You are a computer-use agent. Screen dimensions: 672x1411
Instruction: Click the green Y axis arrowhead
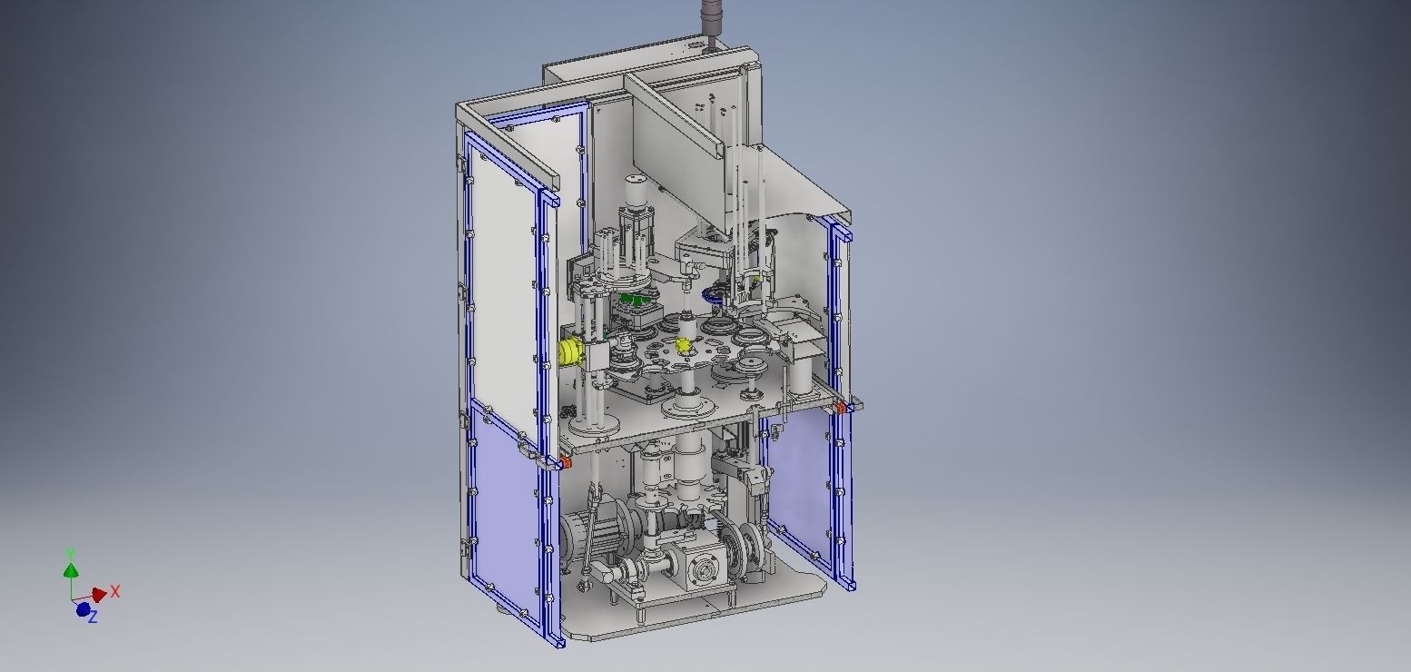coord(71,570)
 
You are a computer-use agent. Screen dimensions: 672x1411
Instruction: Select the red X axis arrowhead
coord(99,596)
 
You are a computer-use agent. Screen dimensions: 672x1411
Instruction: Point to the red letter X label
coord(115,592)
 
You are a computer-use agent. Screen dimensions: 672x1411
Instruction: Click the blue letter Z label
coord(93,618)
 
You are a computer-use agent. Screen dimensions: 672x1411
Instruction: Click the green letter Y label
coord(71,553)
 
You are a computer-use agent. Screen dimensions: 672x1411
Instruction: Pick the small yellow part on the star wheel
coord(683,345)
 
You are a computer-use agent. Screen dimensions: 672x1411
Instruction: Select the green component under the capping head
coord(636,299)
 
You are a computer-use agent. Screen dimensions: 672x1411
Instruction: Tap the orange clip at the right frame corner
coord(840,409)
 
